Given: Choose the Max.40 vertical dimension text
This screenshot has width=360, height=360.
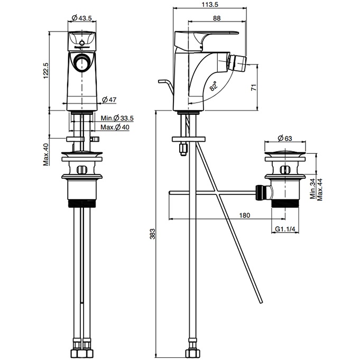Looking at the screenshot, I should tap(46, 154).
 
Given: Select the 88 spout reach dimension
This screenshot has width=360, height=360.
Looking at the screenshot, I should tap(217, 18).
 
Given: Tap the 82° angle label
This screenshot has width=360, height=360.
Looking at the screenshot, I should tap(213, 86).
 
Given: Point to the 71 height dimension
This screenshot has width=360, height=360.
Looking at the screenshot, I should tap(254, 88).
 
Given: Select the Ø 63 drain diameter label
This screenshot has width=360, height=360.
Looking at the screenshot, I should tap(285, 139).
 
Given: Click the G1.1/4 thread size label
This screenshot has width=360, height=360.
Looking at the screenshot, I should tap(285, 229).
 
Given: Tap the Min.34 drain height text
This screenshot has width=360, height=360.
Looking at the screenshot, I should tap(312, 189).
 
